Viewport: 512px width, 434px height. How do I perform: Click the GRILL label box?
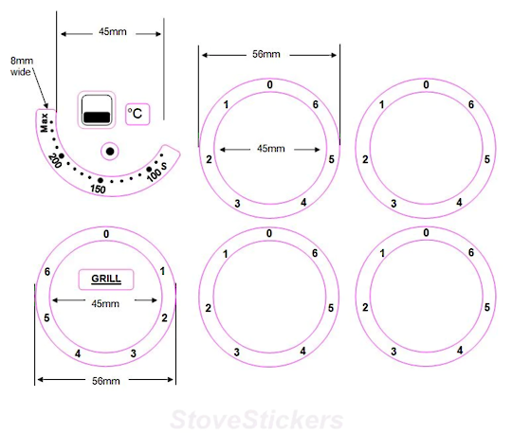click(x=105, y=280)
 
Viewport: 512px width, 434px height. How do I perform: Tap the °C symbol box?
click(x=137, y=114)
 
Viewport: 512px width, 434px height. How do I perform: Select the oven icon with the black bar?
click(x=96, y=111)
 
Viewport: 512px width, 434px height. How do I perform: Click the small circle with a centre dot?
click(x=110, y=151)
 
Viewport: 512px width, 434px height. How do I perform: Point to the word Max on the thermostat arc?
click(x=45, y=123)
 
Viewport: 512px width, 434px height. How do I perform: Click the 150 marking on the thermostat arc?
click(x=98, y=189)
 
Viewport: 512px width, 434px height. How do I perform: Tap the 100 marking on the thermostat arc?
click(x=154, y=175)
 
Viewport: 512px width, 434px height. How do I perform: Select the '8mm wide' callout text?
click(x=21, y=64)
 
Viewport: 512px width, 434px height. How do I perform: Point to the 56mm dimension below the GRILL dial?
click(x=104, y=381)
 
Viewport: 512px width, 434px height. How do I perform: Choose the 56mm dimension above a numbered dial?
click(x=269, y=55)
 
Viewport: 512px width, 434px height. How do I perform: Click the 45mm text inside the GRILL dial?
click(x=105, y=303)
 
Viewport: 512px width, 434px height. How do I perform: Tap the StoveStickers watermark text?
click(x=256, y=418)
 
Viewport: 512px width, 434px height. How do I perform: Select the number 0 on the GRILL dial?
click(x=105, y=234)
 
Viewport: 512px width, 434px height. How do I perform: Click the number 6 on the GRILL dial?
click(x=46, y=273)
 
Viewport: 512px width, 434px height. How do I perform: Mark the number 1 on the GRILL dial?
click(x=163, y=273)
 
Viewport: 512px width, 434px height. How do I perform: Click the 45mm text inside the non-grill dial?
click(x=269, y=149)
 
